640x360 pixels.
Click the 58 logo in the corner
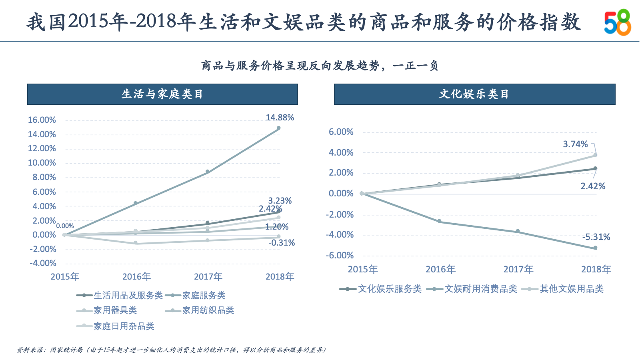(617, 22)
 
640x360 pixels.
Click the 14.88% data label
(280, 118)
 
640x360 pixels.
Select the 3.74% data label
(575, 144)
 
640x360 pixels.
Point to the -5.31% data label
(596, 237)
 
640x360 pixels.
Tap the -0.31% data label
(282, 243)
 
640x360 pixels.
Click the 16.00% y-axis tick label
(42, 120)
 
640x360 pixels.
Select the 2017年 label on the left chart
(208, 276)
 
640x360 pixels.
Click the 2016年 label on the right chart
(440, 269)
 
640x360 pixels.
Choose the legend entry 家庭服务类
(204, 295)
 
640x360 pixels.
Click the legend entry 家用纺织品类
(208, 310)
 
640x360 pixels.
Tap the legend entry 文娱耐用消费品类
(480, 289)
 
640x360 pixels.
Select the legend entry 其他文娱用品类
(571, 289)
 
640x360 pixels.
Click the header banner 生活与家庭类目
(162, 94)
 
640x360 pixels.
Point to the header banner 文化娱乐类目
(474, 94)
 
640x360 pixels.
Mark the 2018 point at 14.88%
(278, 128)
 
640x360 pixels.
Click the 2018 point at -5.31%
(595, 248)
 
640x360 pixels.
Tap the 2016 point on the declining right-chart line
(439, 221)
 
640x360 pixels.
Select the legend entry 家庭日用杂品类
(124, 326)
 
